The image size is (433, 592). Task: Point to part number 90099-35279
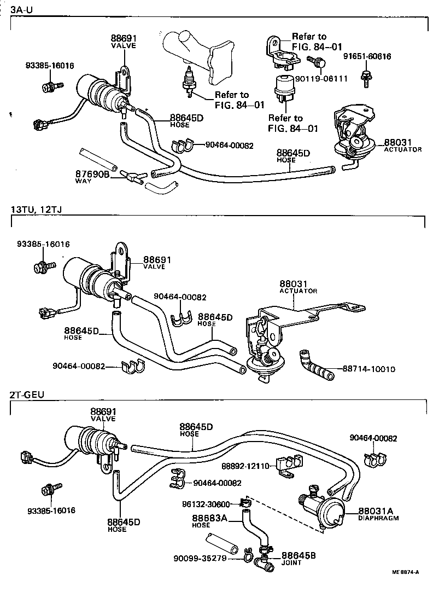click(201, 559)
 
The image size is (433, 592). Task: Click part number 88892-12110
click(245, 466)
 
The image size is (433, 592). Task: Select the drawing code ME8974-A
click(405, 573)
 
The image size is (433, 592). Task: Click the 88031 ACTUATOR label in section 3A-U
click(402, 144)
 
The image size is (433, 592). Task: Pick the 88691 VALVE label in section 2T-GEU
click(103, 414)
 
